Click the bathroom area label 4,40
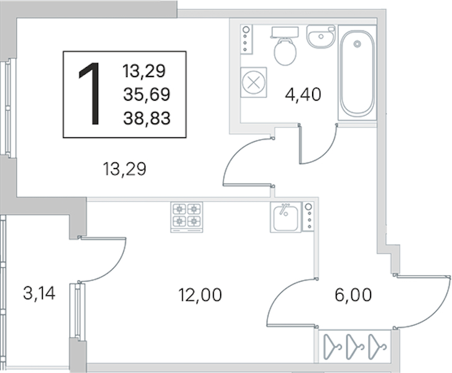tap(303, 94)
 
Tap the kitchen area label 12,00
tap(200, 295)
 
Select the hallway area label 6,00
tap(353, 295)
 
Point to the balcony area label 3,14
tap(39, 293)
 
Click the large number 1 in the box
tap(90, 94)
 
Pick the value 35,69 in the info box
tap(147, 94)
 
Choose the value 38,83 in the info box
tap(147, 118)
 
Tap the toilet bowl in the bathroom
tap(285, 52)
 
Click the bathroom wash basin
tap(321, 36)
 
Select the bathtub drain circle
tap(357, 44)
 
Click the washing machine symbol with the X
tap(254, 83)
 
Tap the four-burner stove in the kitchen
tap(187, 217)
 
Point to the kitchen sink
tap(285, 217)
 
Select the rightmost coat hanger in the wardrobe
tap(377, 347)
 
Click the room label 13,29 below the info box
tap(124, 169)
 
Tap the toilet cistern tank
tap(285, 32)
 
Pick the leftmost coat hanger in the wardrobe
tap(333, 347)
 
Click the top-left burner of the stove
tap(179, 209)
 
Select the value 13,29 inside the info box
tap(144, 71)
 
